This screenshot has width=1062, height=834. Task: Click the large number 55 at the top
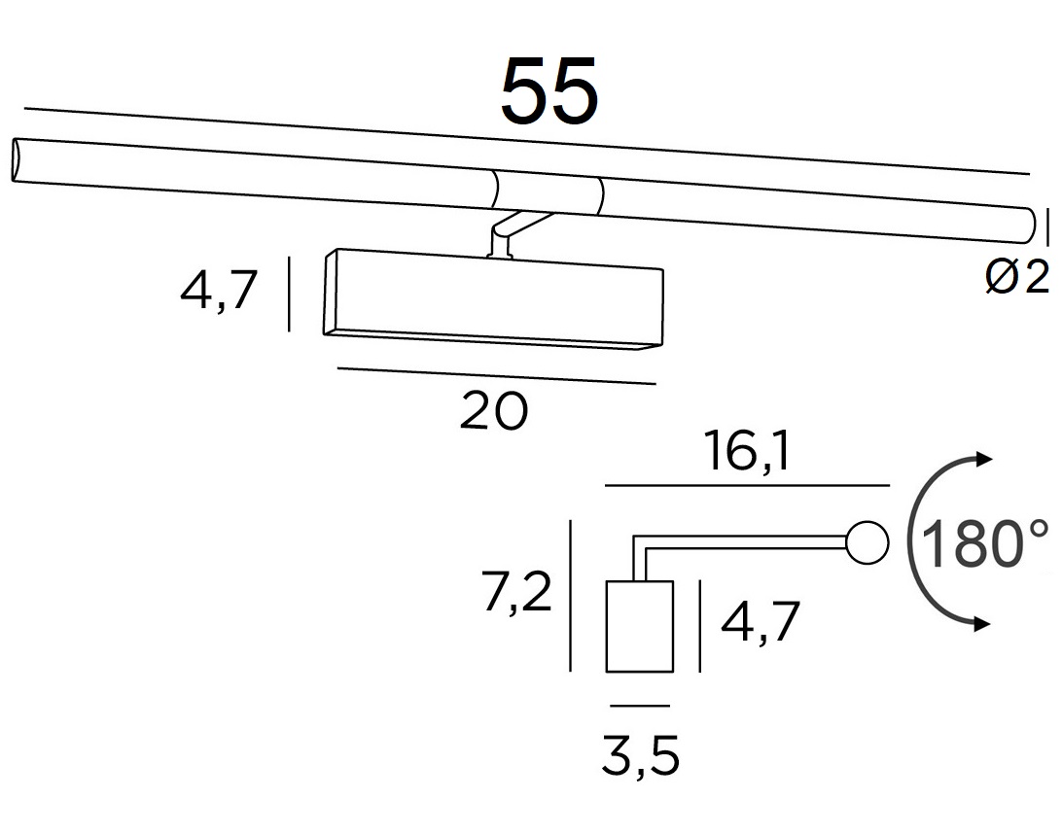[549, 90]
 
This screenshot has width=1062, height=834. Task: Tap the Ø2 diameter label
[1017, 276]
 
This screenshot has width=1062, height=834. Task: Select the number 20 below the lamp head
[494, 411]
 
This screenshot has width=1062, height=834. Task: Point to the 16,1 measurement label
[747, 452]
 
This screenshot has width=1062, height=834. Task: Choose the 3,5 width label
[640, 756]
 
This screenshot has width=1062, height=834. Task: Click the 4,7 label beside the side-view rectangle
[761, 621]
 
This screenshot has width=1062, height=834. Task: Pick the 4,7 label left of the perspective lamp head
[219, 289]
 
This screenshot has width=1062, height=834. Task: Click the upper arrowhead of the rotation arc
[983, 459]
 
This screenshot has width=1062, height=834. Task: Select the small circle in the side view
[867, 543]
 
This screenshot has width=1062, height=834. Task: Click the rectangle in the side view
[639, 626]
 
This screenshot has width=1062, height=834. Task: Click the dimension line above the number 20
[496, 376]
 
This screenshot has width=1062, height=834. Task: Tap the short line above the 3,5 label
[639, 706]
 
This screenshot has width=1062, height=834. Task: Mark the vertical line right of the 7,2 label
[571, 596]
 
